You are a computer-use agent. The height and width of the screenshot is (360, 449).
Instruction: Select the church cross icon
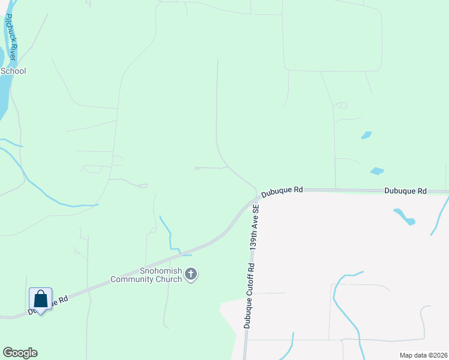[191, 275]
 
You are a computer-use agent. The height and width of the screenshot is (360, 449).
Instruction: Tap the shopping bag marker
[40, 299]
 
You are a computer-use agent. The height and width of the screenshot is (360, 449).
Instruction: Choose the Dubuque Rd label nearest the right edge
[405, 191]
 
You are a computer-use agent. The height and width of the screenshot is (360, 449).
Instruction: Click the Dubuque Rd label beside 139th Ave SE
[282, 190]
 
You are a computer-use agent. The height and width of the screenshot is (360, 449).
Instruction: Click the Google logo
[20, 353]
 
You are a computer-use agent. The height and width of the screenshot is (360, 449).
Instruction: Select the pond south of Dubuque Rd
[404, 217]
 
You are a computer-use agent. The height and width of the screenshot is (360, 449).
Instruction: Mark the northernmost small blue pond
[366, 135]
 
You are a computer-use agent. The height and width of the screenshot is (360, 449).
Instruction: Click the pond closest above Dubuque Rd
[377, 171]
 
